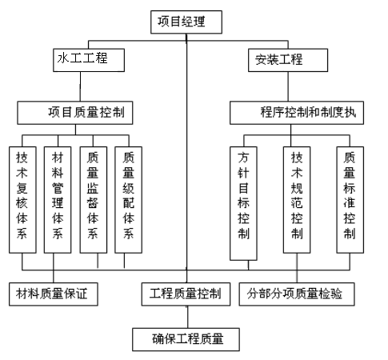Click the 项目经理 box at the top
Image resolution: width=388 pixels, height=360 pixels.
pos(186,22)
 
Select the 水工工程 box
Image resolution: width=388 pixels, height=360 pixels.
pos(89,60)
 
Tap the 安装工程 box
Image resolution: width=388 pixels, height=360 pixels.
pos(288,60)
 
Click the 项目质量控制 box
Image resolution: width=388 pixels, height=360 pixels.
pos(75,113)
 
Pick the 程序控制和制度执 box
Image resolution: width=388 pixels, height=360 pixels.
pos(297,113)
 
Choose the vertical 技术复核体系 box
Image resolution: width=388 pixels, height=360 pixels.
pos(22,200)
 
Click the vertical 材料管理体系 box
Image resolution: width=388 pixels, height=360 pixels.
pos(58,200)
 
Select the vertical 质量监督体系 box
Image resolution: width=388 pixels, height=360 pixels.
pos(94,200)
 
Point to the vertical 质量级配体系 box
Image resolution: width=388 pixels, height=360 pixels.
pos(128,200)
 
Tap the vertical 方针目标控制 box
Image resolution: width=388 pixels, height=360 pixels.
pos(243,203)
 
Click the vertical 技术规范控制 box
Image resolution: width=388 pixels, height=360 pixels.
pos(297,200)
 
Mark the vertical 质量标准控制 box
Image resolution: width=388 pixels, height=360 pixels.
pos(350,200)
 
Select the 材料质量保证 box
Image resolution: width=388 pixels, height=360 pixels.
pos(54,294)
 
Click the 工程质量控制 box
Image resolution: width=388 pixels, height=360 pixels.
pos(186,294)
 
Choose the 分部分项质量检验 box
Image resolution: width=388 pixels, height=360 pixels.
pos(297,294)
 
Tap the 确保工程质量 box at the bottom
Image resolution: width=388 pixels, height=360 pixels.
pos(186,339)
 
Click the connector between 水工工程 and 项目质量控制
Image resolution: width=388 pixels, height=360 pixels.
pos(80,86)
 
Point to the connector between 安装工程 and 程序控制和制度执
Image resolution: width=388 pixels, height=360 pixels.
pos(288,86)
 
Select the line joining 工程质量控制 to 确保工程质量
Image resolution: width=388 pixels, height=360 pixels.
pos(187,317)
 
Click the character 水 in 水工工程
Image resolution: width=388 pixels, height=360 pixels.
pos(63,58)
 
